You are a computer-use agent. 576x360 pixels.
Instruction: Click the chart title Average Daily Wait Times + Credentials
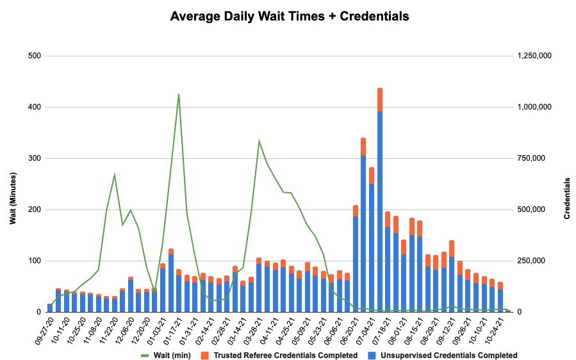[289, 17]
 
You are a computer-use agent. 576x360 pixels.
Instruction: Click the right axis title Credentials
[567, 199]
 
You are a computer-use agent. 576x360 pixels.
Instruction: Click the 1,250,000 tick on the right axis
[534, 56]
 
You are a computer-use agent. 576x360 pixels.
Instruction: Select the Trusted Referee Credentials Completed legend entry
[285, 355]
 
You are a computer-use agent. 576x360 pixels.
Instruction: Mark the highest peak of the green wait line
[179, 95]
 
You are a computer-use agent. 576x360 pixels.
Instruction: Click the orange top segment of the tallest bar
[380, 99]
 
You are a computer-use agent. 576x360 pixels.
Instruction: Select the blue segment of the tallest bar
[380, 211]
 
